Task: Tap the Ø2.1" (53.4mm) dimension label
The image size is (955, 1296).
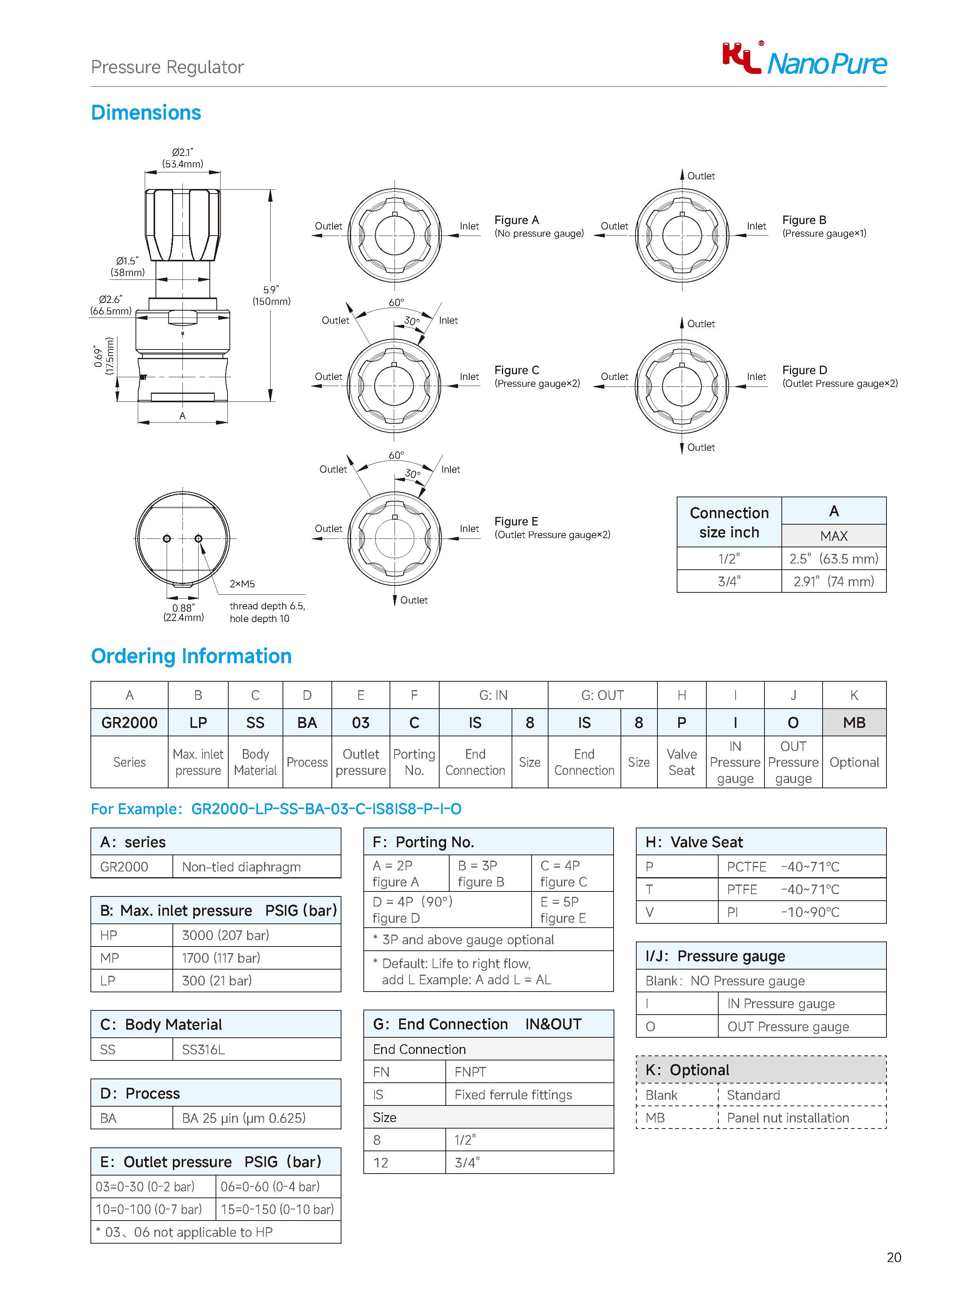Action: click(183, 158)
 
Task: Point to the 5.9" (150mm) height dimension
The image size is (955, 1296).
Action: click(271, 295)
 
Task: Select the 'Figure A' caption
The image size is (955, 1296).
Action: click(517, 220)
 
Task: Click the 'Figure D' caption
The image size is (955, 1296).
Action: click(804, 370)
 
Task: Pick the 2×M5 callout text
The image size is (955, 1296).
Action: click(242, 584)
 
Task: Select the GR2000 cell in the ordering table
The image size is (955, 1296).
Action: click(129, 722)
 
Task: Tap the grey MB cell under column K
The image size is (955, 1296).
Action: click(854, 722)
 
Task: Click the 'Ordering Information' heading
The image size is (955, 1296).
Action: click(191, 656)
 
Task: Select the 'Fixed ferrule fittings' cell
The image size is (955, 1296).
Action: click(513, 1095)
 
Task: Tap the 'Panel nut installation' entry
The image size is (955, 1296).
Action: click(787, 1118)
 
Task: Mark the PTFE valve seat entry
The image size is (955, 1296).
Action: click(742, 889)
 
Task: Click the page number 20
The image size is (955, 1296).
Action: click(893, 1257)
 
